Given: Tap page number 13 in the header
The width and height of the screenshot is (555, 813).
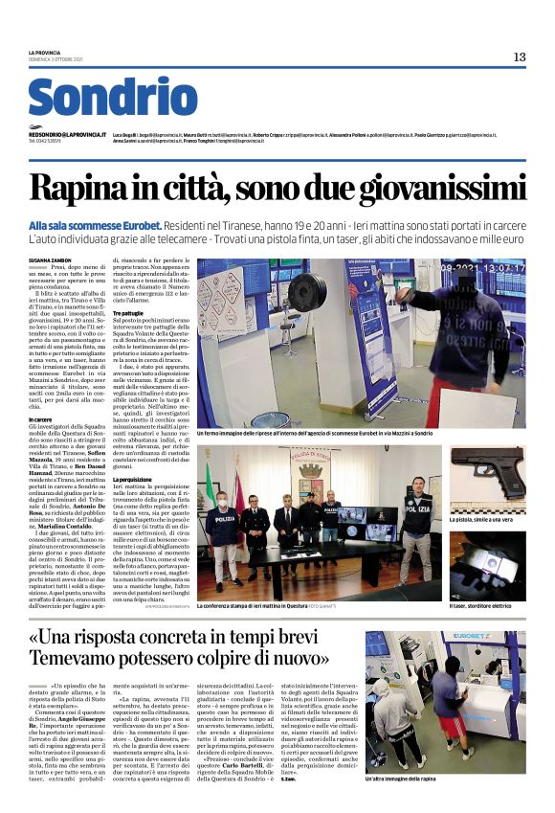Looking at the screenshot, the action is [x=519, y=57].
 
